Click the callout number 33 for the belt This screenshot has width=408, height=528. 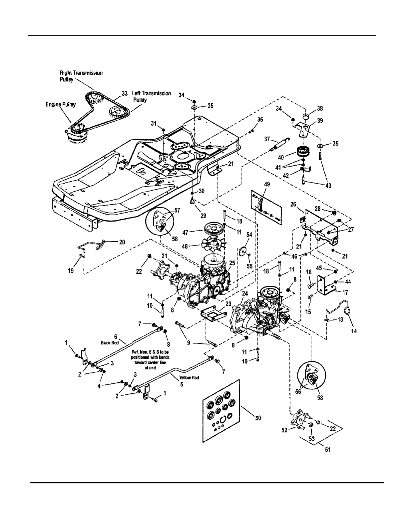pos(125,94)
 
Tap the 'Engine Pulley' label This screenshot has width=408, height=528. pos(61,105)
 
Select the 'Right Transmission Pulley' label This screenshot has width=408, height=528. pos(81,76)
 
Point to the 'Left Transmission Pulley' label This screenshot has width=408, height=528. pos(151,96)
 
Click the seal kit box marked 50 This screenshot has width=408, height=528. pos(221,411)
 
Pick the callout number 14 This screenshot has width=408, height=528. pos(354,331)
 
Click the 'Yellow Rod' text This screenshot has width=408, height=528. pos(189,377)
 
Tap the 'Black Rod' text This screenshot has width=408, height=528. pos(110,342)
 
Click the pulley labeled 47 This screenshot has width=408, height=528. pos(213,230)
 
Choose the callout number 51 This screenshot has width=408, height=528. pos(328,450)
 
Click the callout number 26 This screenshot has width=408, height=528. pos(293,204)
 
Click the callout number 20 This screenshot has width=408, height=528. pos(122,242)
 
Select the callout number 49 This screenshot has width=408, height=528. pos(267,184)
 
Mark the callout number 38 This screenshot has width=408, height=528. pos(320,108)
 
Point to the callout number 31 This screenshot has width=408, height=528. pos(154,123)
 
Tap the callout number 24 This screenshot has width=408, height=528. pos(245,293)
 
